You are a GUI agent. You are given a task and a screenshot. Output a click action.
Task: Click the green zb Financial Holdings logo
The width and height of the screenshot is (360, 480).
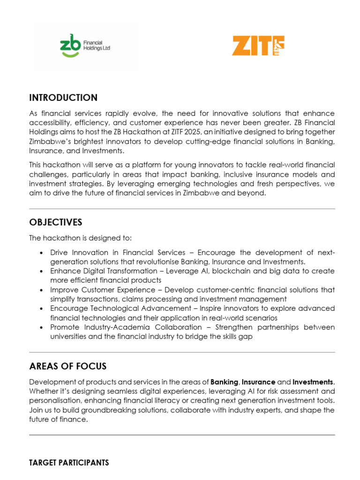pyautogui.click(x=85, y=45)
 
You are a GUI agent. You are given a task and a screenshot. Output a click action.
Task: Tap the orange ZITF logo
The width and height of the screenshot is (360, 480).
pyautogui.click(x=258, y=45)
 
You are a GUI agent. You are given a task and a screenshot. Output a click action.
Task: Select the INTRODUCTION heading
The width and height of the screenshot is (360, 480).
pyautogui.click(x=63, y=98)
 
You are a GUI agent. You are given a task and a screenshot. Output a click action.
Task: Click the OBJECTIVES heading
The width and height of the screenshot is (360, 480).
pyautogui.click(x=55, y=222)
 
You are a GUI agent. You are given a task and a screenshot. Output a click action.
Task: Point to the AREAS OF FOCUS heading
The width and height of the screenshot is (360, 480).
pyautogui.click(x=67, y=366)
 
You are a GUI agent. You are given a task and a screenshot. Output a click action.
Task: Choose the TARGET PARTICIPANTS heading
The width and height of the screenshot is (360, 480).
pyautogui.click(x=69, y=463)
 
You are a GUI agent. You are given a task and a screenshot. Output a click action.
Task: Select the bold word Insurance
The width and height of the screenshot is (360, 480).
pyautogui.click(x=258, y=382)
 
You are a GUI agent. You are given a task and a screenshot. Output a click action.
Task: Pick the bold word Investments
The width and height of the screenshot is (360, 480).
pyautogui.click(x=313, y=382)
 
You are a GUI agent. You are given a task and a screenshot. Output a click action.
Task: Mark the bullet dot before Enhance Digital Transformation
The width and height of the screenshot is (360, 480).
pyautogui.click(x=43, y=271)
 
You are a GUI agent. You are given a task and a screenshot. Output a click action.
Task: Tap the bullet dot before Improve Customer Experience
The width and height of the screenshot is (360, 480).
pyautogui.click(x=43, y=290)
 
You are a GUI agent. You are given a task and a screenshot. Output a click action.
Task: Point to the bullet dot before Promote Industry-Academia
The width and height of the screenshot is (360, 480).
pyautogui.click(x=43, y=327)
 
